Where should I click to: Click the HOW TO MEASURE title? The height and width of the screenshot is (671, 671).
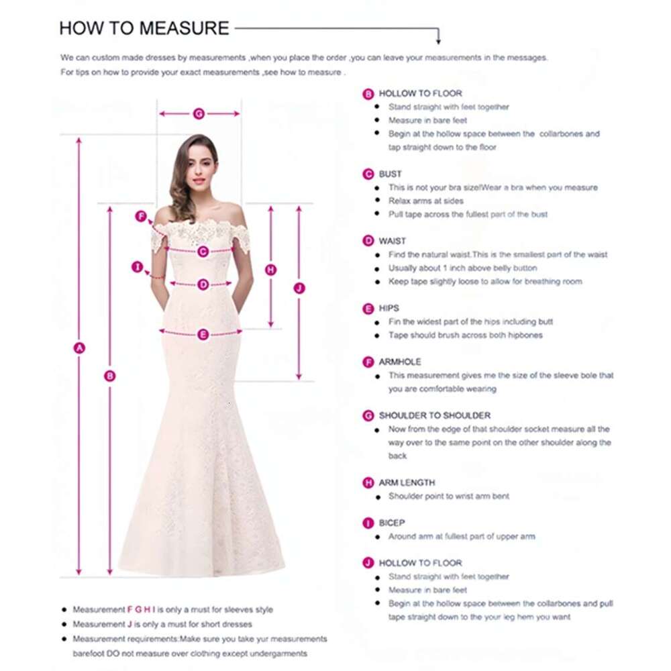click(x=144, y=28)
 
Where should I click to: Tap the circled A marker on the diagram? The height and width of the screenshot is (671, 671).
click(x=79, y=348)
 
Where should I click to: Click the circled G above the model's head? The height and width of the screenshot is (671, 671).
click(x=199, y=114)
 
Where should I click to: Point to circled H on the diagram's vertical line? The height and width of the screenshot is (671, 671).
click(x=271, y=270)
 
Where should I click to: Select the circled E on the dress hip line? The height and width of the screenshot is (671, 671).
click(x=203, y=334)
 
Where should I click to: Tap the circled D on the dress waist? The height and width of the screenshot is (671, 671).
click(x=203, y=285)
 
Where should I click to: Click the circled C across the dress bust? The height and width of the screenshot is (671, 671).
click(x=203, y=252)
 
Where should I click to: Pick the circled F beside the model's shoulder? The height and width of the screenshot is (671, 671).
click(x=141, y=216)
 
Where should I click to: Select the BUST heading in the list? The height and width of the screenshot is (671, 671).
click(x=390, y=174)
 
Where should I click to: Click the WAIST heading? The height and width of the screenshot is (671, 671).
click(x=393, y=241)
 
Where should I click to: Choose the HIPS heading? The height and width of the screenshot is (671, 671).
click(x=389, y=308)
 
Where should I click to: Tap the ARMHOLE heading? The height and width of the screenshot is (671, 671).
click(x=400, y=362)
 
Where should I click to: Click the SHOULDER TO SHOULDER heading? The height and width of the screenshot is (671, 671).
click(x=434, y=415)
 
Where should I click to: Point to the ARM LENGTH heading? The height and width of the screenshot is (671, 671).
click(x=407, y=482)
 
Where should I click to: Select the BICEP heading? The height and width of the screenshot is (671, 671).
click(x=392, y=523)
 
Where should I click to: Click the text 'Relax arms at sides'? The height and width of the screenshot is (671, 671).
click(x=426, y=201)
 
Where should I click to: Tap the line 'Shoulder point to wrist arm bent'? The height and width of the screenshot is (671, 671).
click(x=449, y=496)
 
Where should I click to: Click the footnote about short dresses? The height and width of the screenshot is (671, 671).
click(x=162, y=624)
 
